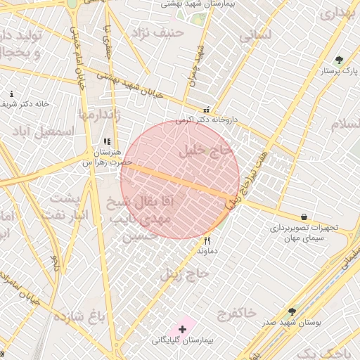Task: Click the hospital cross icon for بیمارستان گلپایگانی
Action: [183, 328]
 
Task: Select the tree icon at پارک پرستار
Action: [340, 60]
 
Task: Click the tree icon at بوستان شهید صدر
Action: [292, 311]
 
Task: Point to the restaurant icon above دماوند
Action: [207, 240]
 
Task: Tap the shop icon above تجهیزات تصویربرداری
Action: [303, 217]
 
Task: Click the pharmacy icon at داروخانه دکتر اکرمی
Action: [206, 110]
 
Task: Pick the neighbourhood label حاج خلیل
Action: [205, 150]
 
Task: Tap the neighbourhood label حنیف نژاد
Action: [162, 32]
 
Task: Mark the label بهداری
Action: [335, 14]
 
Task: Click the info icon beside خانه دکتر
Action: [11, 94]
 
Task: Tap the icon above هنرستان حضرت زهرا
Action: [107, 141]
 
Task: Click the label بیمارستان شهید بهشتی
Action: [195, 4]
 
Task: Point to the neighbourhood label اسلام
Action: [345, 124]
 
